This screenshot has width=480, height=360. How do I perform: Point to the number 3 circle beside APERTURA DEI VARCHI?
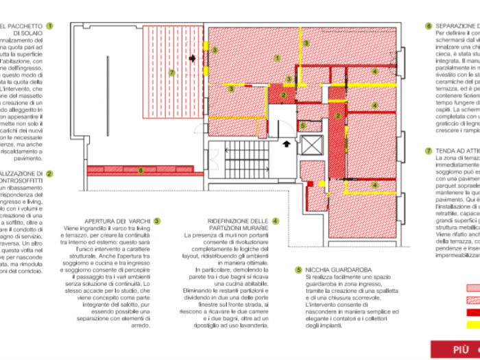157,221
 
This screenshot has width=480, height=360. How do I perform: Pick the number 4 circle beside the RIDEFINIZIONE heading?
275,221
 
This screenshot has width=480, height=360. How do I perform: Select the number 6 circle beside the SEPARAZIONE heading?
429,27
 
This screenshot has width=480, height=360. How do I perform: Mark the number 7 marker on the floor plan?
172,72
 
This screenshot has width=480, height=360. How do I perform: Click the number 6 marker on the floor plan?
141,169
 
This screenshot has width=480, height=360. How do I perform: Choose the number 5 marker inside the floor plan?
302,125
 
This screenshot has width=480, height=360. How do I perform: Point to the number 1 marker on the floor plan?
277,58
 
